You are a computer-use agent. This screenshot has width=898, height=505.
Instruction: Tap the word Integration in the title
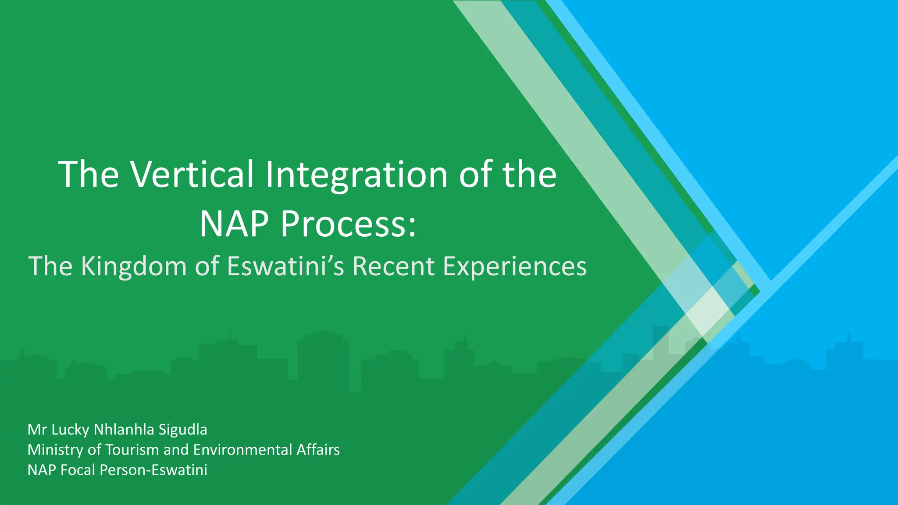356,174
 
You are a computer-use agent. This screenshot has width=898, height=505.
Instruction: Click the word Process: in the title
348,224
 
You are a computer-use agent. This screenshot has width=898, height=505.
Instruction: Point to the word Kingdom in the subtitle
134,266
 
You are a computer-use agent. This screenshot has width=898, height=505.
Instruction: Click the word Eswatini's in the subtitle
286,266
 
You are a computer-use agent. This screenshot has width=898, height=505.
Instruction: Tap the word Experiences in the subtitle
514,266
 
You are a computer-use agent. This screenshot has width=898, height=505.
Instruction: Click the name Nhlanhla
124,430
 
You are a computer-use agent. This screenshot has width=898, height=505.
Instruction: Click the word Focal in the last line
78,470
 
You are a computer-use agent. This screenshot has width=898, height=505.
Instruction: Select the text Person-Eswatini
153,470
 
